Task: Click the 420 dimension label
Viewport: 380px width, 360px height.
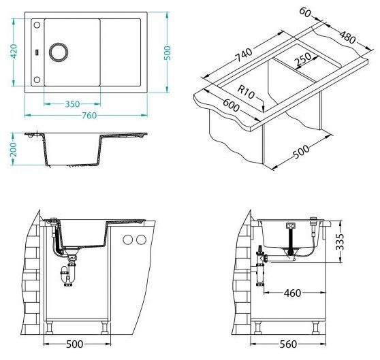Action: click(x=14, y=51)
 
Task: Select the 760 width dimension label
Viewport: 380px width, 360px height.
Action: click(x=89, y=116)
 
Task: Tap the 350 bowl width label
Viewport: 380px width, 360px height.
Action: click(x=72, y=104)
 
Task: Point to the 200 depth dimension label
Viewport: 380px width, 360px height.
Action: click(x=14, y=149)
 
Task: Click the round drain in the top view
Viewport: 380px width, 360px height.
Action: click(x=59, y=52)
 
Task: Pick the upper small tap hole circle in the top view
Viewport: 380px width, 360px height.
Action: click(x=37, y=24)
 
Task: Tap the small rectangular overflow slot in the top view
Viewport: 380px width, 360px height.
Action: click(x=37, y=52)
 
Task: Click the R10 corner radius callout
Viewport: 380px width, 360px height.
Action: click(x=246, y=92)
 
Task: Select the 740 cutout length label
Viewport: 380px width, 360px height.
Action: click(x=244, y=55)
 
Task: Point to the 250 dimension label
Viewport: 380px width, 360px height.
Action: click(x=302, y=59)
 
